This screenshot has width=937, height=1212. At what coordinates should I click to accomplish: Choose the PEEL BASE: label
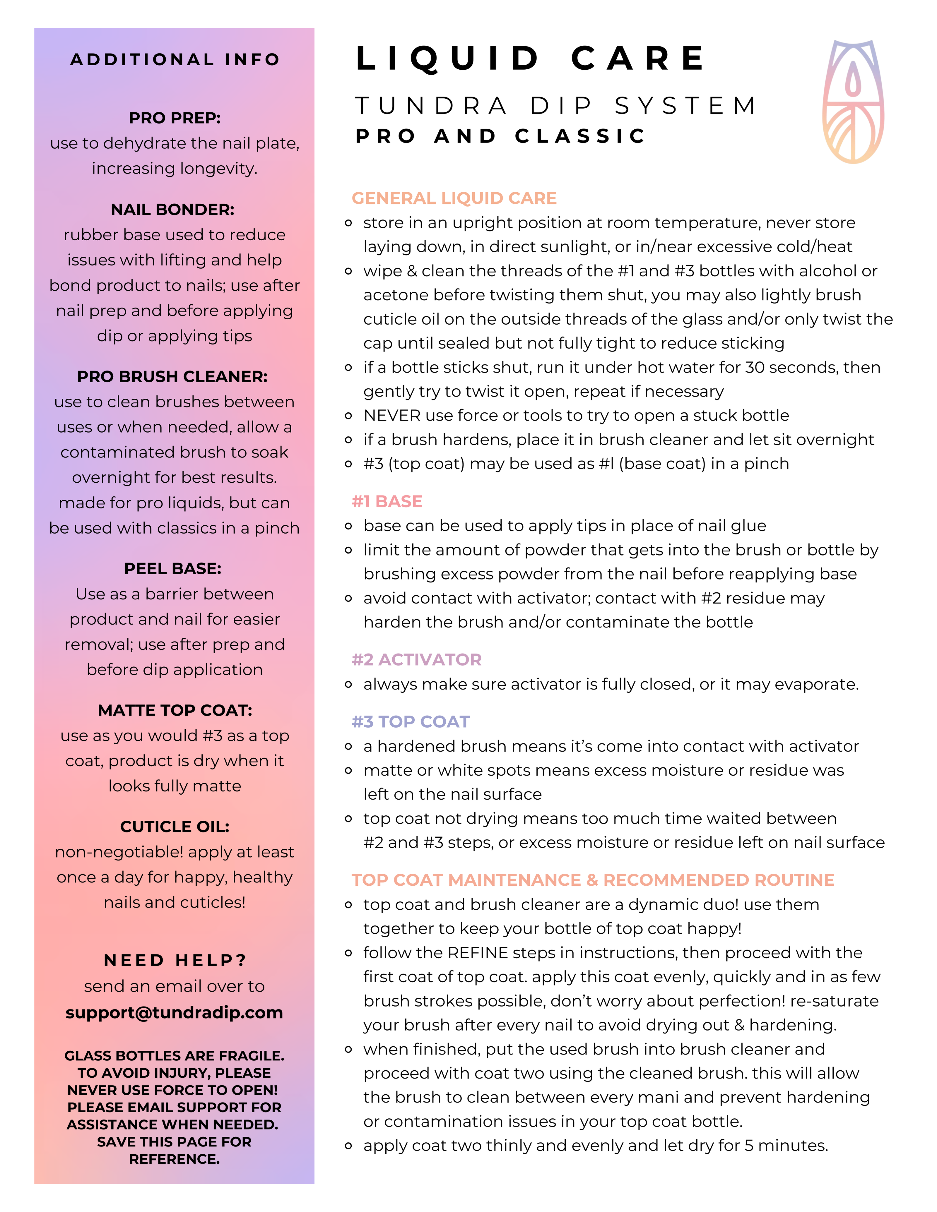pyautogui.click(x=173, y=568)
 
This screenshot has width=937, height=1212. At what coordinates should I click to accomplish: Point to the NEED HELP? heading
pyautogui.click(x=175, y=960)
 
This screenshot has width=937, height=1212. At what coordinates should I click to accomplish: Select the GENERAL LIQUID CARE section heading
pyautogui.click(x=454, y=198)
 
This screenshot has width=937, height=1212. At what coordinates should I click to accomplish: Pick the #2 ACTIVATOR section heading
pyautogui.click(x=416, y=659)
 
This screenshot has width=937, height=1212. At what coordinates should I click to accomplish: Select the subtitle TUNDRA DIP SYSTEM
pyautogui.click(x=556, y=106)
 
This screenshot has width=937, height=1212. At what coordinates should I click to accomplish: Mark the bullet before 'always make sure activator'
pyautogui.click(x=349, y=684)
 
